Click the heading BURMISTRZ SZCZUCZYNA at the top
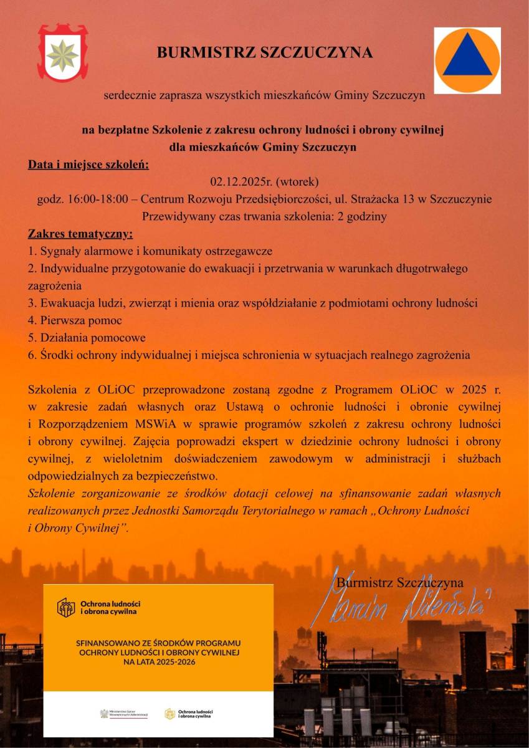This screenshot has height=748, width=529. click(x=265, y=53)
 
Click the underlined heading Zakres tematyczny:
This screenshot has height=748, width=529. click(x=80, y=235)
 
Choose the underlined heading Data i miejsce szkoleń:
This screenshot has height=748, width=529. click(x=88, y=165)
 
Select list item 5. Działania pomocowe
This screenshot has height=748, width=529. click(x=87, y=338)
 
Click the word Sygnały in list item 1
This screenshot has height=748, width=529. click(x=59, y=252)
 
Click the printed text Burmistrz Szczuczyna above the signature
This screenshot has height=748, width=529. click(x=400, y=582)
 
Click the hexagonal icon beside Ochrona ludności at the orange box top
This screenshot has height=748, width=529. click(x=65, y=607)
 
